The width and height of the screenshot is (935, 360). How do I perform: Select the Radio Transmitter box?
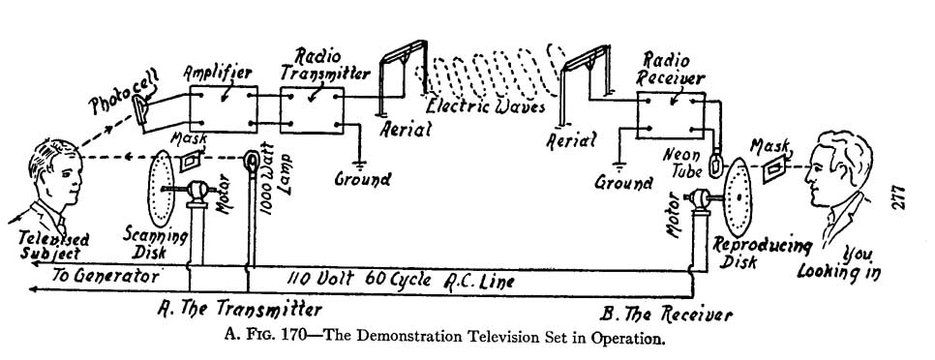[x=312, y=108]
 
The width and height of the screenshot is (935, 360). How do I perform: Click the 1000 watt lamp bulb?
[x=251, y=160]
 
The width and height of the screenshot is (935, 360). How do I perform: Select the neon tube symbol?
[x=716, y=162]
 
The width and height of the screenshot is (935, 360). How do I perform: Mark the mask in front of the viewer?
[x=772, y=168]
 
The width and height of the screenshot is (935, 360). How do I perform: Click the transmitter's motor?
[x=201, y=192]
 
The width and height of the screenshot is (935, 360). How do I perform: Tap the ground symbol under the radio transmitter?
[x=363, y=158]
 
